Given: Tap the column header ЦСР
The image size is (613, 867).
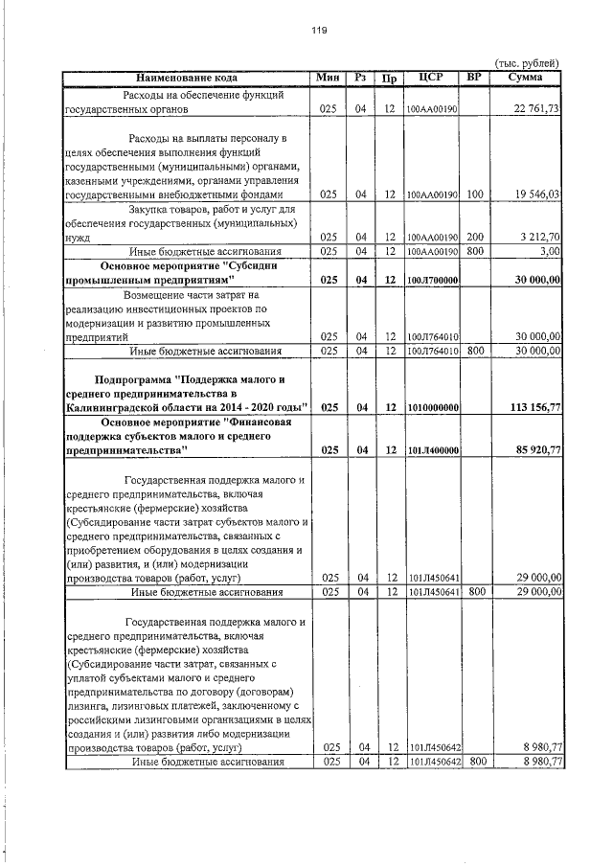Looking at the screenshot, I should point(430,77).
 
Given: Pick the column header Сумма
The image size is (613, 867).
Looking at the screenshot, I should point(526,77).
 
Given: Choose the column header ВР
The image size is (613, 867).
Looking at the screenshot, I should point(472,77).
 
